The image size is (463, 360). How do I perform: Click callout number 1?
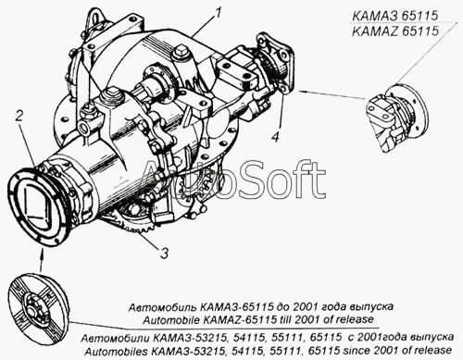[x=218, y=13]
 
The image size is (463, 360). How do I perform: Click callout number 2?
[x=19, y=117]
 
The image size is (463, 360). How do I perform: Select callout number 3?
[x=164, y=254]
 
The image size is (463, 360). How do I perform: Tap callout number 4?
[x=276, y=136]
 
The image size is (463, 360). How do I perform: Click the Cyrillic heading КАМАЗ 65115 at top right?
[x=395, y=16]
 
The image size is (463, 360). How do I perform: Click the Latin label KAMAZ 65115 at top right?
[x=395, y=31]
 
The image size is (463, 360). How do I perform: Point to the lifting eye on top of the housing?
[x=94, y=19]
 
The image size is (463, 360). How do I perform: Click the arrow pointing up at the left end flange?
[x=42, y=261]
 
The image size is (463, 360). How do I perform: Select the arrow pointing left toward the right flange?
[x=332, y=94]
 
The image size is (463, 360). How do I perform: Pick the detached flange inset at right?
[x=397, y=118]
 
